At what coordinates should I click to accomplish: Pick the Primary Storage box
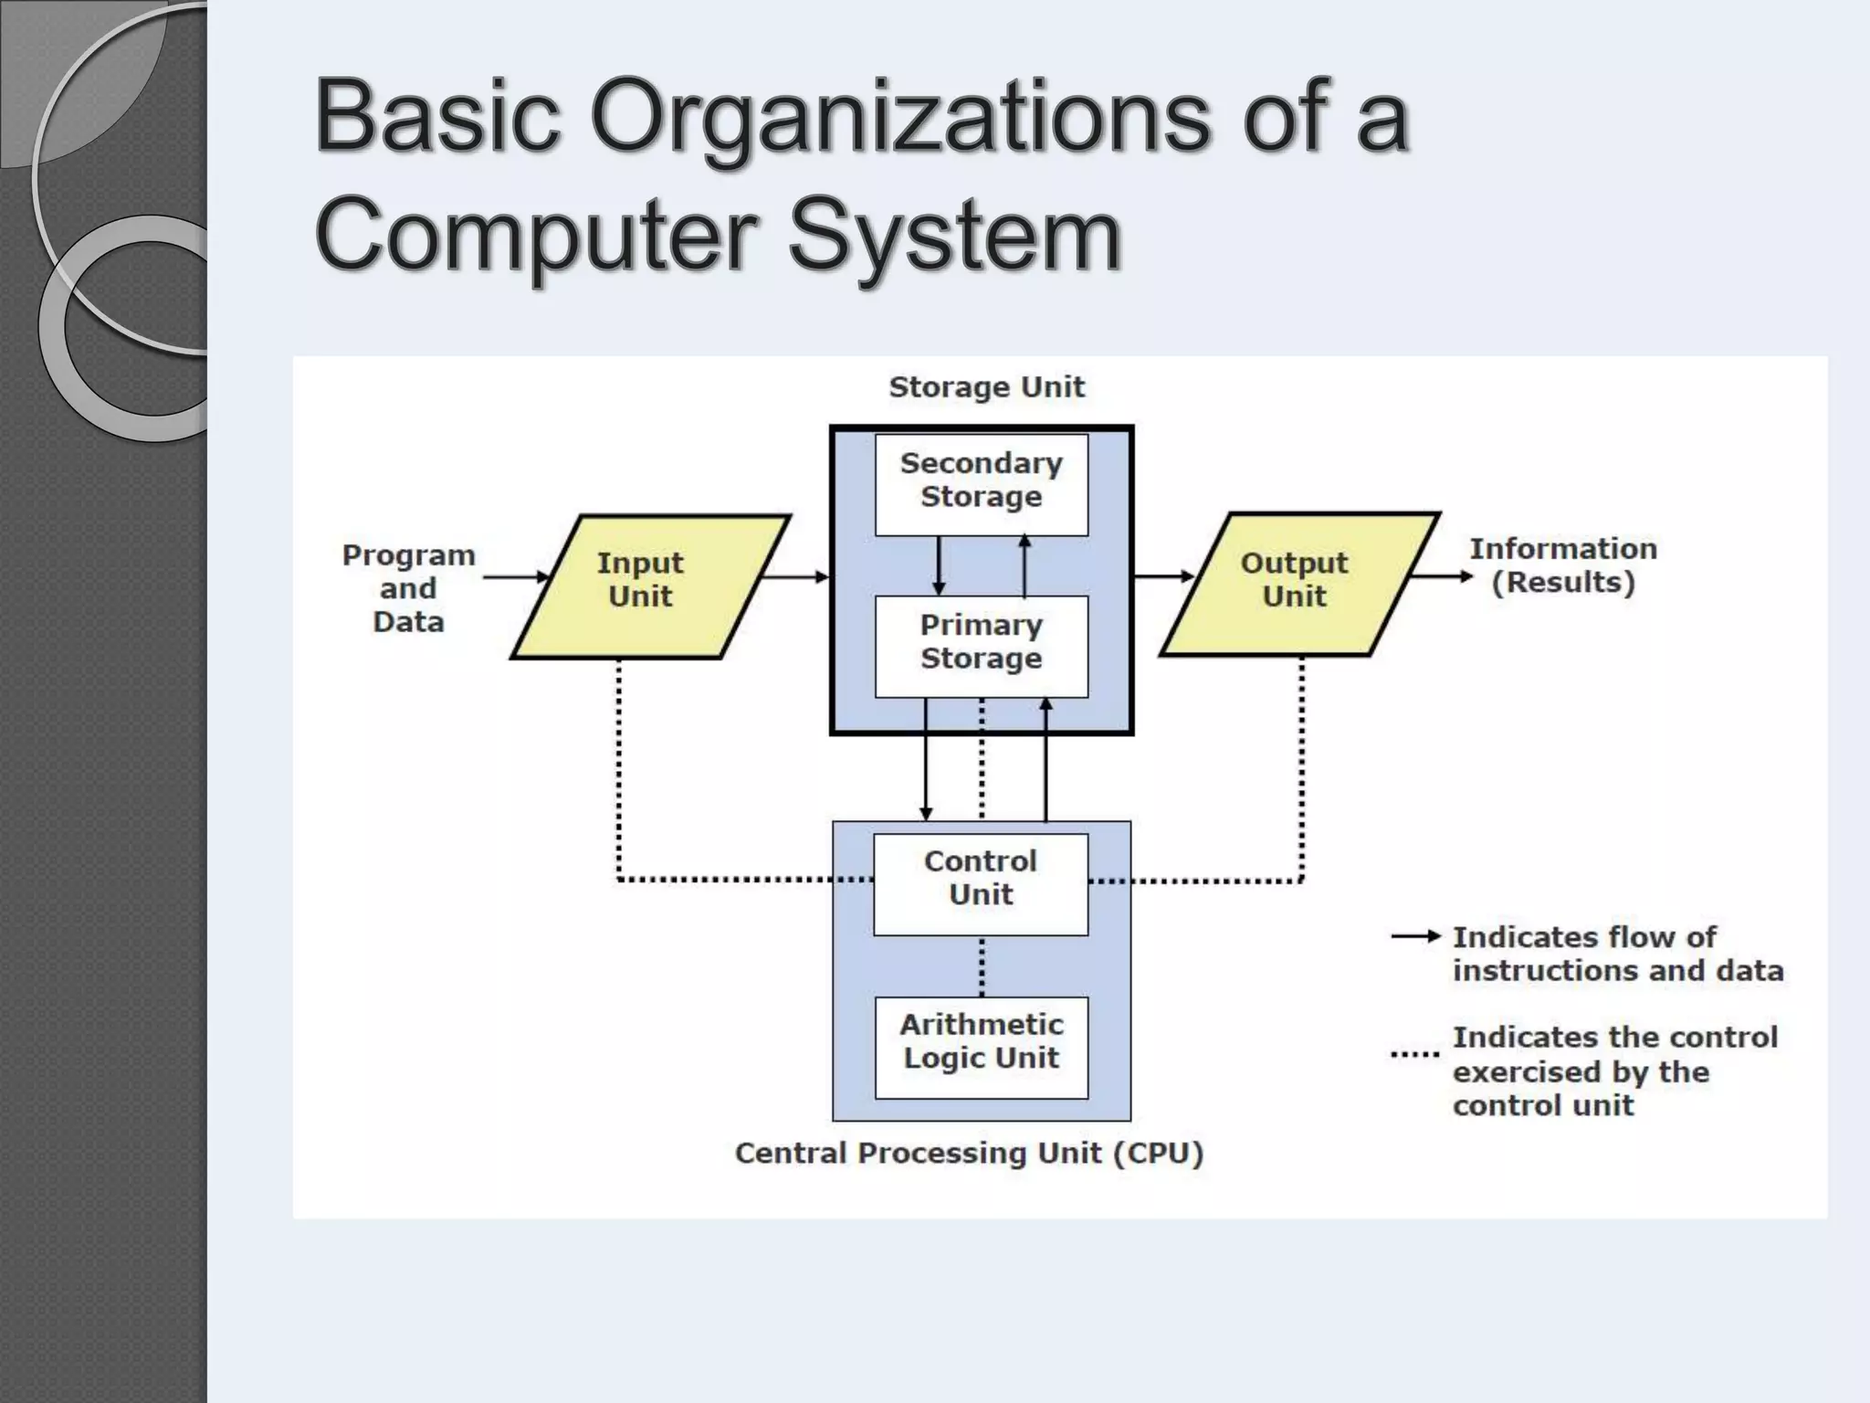(x=981, y=645)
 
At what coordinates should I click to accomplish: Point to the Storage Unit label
(x=986, y=387)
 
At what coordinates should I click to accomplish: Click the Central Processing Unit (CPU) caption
(x=969, y=1154)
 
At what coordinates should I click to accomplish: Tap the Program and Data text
(x=408, y=588)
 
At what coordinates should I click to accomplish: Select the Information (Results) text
(x=1563, y=565)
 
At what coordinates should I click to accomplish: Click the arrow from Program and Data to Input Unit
(x=516, y=576)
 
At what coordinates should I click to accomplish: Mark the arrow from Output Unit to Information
(x=1443, y=576)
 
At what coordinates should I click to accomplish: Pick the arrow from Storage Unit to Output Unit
(x=1163, y=575)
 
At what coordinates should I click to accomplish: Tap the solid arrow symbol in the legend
(x=1415, y=936)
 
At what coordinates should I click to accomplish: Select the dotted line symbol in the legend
(x=1414, y=1055)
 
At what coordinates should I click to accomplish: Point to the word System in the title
(x=954, y=236)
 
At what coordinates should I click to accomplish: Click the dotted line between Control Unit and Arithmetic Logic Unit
(x=982, y=966)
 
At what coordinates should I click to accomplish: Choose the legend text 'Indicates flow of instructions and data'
(x=1617, y=954)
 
